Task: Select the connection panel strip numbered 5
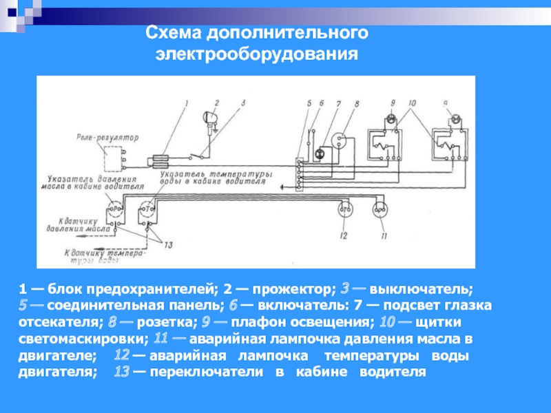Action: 298,175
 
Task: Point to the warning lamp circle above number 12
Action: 344,209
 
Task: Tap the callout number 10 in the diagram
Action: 412,104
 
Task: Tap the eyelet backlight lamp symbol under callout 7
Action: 320,152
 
